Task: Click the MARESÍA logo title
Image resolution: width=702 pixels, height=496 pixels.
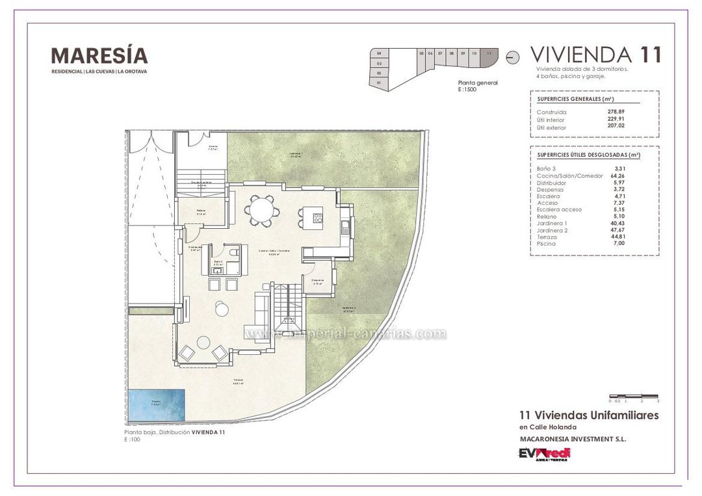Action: pyautogui.click(x=99, y=55)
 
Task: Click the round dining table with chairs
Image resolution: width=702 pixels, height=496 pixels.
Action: pyautogui.click(x=262, y=211)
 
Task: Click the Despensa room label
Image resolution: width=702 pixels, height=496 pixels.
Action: pyautogui.click(x=318, y=281)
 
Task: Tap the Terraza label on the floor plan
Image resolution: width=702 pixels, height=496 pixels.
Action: pyautogui.click(x=238, y=382)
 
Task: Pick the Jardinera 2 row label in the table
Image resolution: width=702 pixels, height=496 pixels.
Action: pyautogui.click(x=552, y=230)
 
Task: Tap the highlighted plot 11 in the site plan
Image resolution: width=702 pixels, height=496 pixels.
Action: pyautogui.click(x=489, y=57)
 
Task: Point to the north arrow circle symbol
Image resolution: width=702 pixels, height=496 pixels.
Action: pyautogui.click(x=512, y=57)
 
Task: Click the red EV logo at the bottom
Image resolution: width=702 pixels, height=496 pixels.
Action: pyautogui.click(x=543, y=454)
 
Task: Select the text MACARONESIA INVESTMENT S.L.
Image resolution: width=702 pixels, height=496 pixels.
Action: pyautogui.click(x=572, y=439)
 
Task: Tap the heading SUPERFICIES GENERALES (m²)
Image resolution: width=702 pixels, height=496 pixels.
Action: pyautogui.click(x=575, y=99)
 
